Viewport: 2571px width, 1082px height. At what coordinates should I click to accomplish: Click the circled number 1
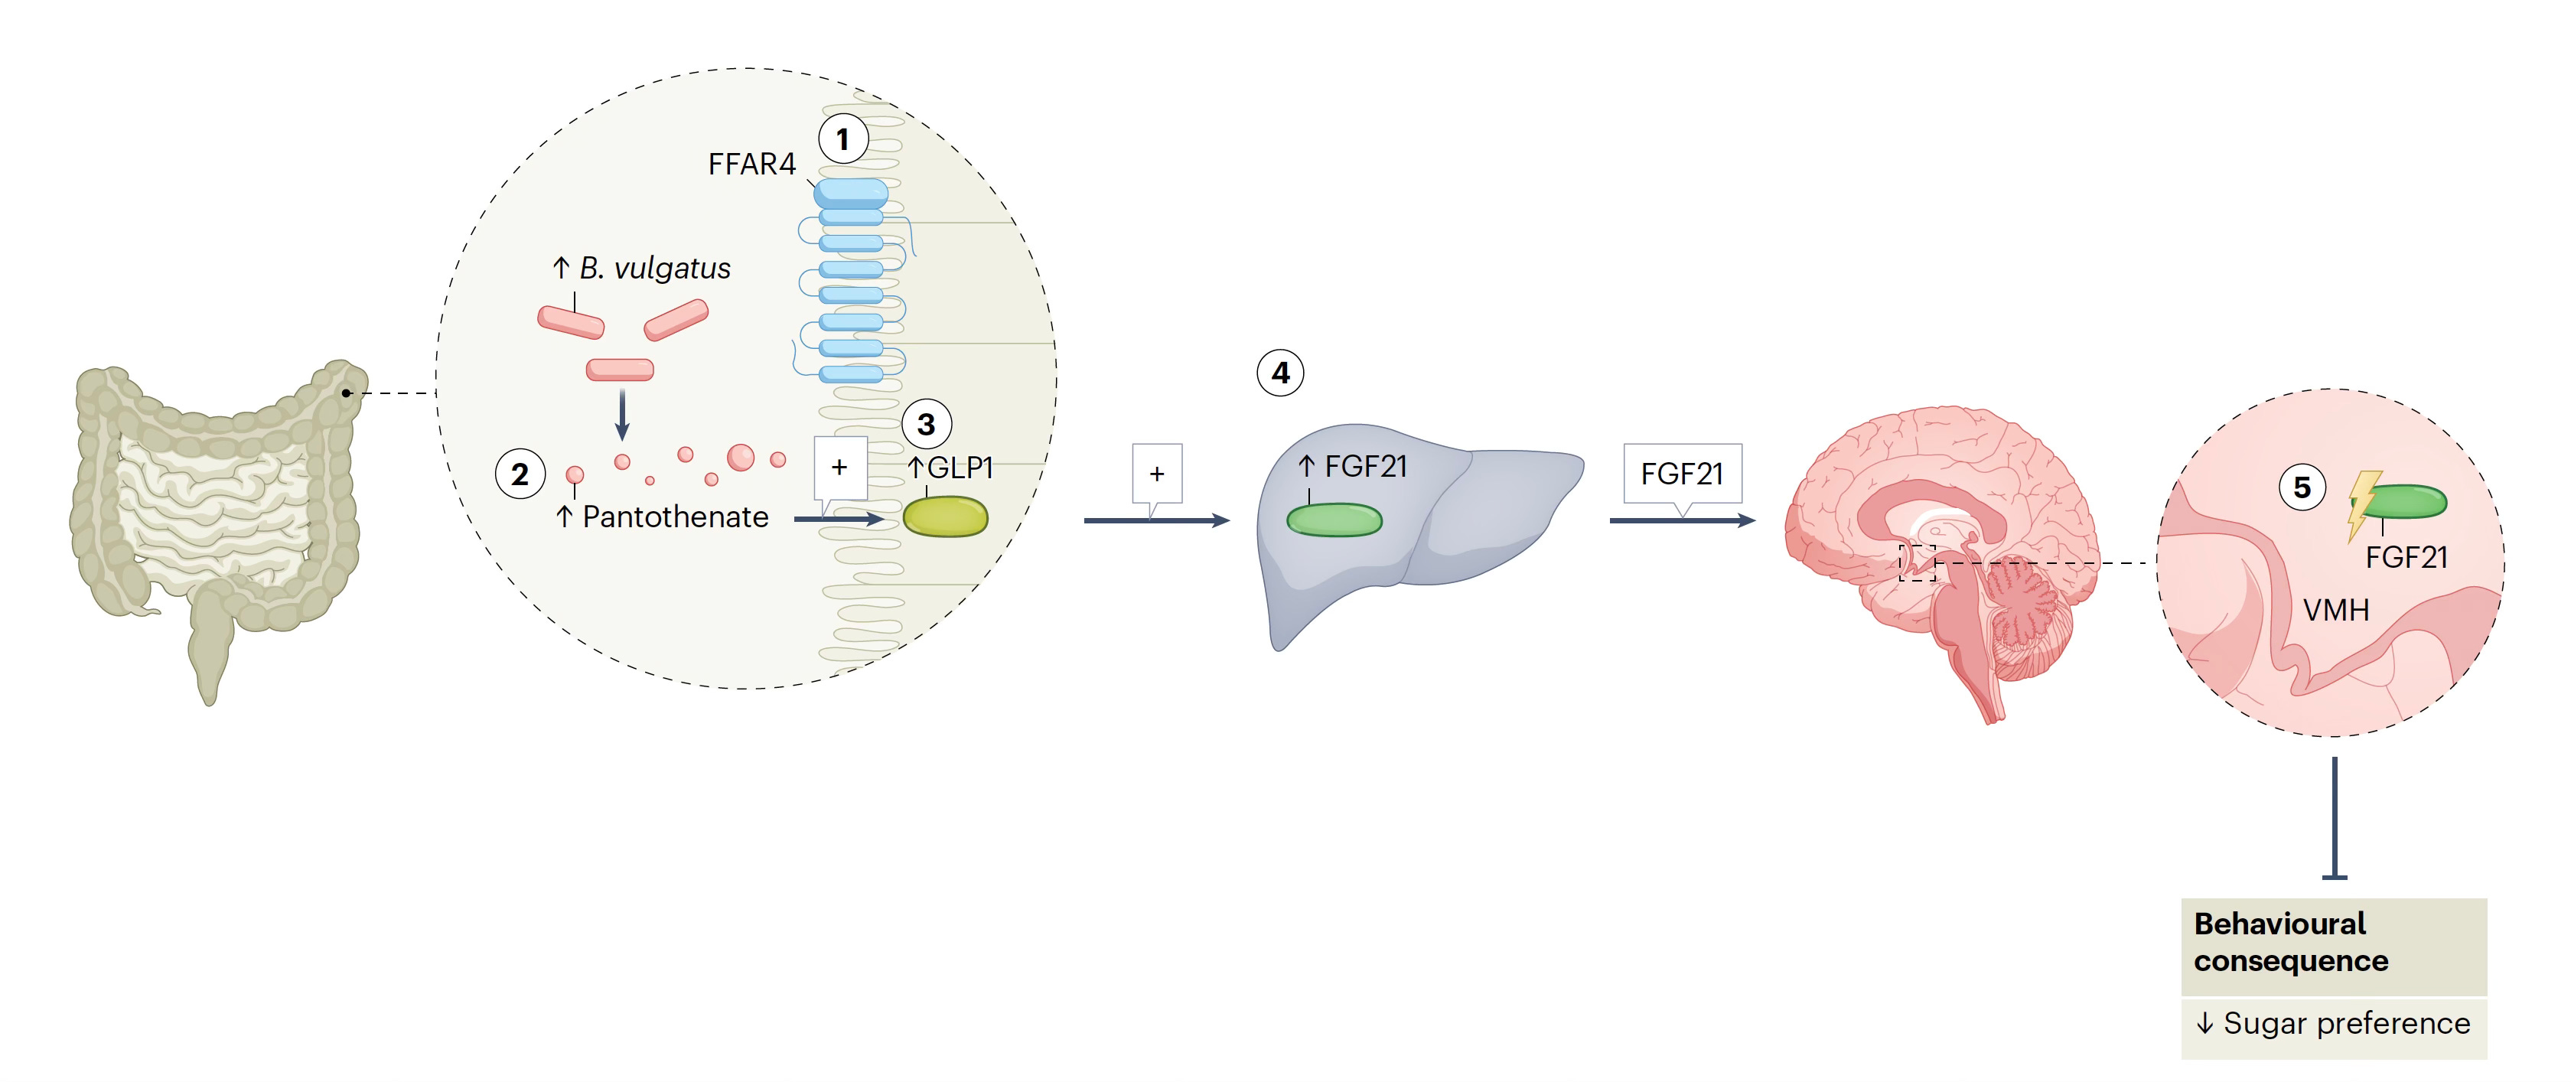tap(842, 139)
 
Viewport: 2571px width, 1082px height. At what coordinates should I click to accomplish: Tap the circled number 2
tap(520, 474)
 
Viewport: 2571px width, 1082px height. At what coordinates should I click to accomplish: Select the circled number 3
tap(926, 424)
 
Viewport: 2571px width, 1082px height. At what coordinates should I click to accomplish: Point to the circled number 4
tap(1280, 373)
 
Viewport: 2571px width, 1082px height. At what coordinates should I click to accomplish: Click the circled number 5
tap(2302, 487)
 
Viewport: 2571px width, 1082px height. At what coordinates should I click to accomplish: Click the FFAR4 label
tap(751, 164)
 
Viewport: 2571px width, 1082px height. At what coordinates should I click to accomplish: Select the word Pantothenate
tap(675, 517)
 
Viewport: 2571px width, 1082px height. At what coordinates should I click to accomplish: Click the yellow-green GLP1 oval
tap(944, 517)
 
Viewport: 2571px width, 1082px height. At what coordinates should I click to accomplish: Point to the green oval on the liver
tap(1334, 520)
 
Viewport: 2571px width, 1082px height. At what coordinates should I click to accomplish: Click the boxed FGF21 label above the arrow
tap(1682, 473)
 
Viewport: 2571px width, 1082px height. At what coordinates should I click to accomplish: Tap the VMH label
tap(2335, 609)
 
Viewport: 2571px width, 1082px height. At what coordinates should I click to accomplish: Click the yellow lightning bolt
tap(2361, 504)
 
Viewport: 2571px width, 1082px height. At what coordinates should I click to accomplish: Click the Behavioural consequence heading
tap(2289, 941)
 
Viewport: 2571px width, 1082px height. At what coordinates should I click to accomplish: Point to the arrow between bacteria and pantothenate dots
tap(622, 413)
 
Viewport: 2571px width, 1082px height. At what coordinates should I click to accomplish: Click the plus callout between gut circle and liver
tap(1157, 474)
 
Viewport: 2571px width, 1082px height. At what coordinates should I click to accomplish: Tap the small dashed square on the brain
tap(1916, 563)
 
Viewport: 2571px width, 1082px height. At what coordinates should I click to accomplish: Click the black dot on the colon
tap(347, 393)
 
